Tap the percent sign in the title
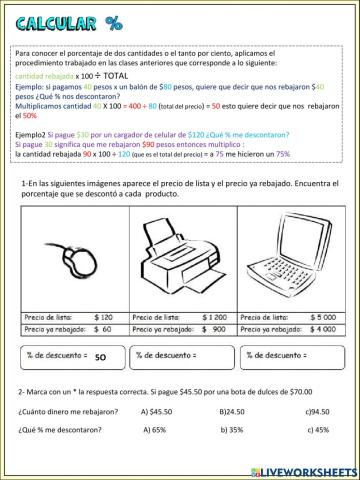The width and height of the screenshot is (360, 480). coord(112,24)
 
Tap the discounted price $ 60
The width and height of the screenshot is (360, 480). coord(99,327)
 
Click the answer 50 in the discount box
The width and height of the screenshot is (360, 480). coord(100,354)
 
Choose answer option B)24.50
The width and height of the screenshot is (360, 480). coord(232,410)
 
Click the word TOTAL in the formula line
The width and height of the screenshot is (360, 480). coord(118,74)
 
